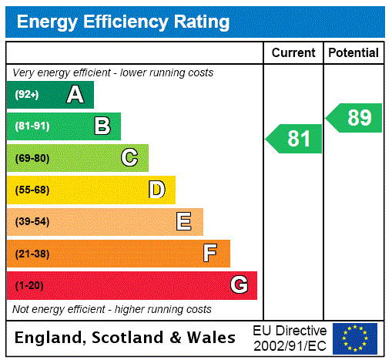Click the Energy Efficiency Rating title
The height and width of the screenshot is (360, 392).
123,22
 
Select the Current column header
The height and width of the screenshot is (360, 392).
293,53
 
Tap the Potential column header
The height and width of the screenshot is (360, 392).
353,53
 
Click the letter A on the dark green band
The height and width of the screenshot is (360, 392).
75,95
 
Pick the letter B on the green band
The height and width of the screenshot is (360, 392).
102,126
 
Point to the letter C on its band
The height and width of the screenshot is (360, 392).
129,158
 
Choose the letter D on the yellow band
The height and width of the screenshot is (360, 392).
156,190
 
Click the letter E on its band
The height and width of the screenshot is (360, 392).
184,222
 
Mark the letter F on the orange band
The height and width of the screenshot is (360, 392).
210,254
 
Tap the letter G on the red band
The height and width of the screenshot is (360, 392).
239,285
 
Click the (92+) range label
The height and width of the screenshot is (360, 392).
27,95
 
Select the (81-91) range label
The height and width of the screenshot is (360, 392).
32,126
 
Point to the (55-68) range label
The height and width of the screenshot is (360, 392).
32,190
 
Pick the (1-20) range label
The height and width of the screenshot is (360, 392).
29,285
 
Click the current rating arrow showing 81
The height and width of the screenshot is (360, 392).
295,139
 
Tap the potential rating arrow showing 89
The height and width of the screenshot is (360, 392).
355,118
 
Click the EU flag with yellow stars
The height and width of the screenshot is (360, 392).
355,338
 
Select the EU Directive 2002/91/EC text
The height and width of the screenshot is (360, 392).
290,338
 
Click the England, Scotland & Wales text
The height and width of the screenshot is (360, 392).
126,338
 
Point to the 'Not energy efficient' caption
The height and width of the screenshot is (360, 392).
112,309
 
